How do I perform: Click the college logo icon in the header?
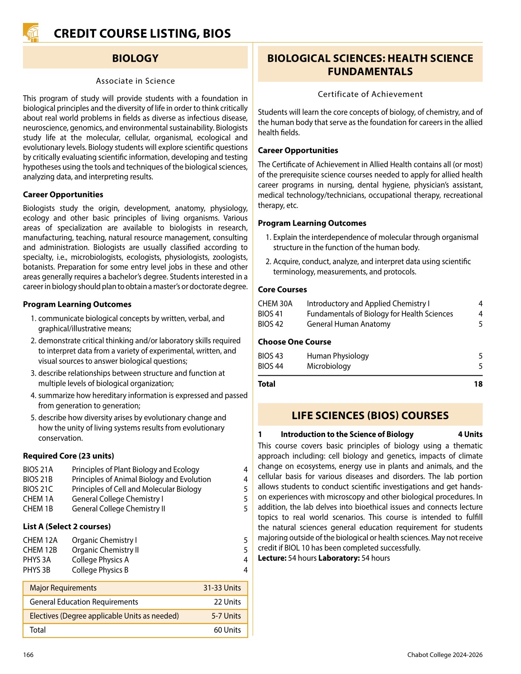(x=31, y=32)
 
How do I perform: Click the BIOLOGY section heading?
(x=135, y=58)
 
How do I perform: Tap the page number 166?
(x=28, y=655)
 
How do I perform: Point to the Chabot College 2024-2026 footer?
(x=444, y=655)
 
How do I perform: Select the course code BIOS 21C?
(x=38, y=489)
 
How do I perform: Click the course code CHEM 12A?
(x=40, y=540)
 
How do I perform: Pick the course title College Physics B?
(x=100, y=570)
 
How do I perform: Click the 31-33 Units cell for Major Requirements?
(x=222, y=588)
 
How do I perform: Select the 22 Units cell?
(x=227, y=602)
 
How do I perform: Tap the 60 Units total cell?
(x=227, y=630)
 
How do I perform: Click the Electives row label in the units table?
(x=104, y=616)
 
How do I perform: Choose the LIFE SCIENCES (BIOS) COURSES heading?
(x=370, y=416)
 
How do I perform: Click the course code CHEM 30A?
(x=275, y=304)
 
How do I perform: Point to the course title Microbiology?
(x=329, y=366)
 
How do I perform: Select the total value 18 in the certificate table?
(x=478, y=384)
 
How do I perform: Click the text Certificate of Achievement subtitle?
(x=370, y=94)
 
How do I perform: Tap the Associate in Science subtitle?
(x=135, y=81)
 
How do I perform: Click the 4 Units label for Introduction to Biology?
(x=470, y=434)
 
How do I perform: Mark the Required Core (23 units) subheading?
(x=69, y=456)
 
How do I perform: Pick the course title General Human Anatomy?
(x=348, y=324)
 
